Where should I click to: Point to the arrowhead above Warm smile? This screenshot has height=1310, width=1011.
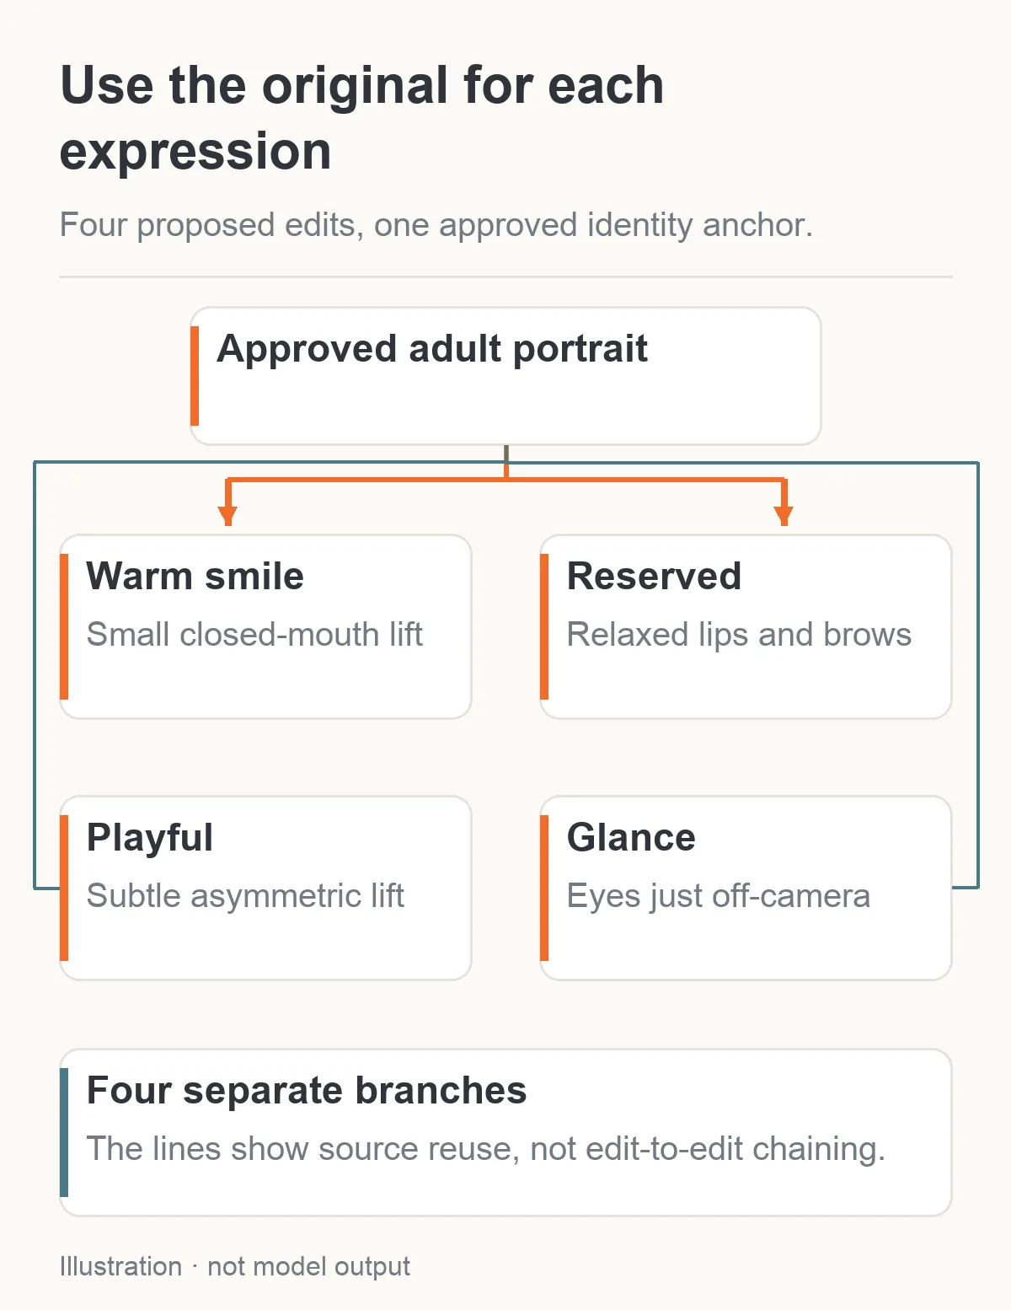point(227,516)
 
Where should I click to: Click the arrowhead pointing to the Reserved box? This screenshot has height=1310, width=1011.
point(784,516)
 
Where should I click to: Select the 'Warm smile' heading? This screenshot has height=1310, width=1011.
point(195,576)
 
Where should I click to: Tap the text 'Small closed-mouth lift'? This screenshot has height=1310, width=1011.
point(254,634)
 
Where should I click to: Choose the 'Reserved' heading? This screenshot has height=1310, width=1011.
point(654,576)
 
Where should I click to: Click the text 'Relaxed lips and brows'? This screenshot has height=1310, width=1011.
point(739,635)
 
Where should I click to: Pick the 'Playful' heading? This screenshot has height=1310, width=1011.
point(149,838)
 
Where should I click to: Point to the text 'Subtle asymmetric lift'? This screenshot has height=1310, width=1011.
point(245,896)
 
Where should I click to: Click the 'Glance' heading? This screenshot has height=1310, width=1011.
point(631,837)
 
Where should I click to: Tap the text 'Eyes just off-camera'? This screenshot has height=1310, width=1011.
point(718,896)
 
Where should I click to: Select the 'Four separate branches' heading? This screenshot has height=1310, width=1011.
point(307,1091)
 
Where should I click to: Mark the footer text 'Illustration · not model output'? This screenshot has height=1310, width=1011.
point(235,1267)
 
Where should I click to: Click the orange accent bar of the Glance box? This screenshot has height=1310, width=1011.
point(544,888)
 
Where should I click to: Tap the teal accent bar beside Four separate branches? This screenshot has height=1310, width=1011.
point(64,1132)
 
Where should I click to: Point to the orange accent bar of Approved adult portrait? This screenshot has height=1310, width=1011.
point(195,376)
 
